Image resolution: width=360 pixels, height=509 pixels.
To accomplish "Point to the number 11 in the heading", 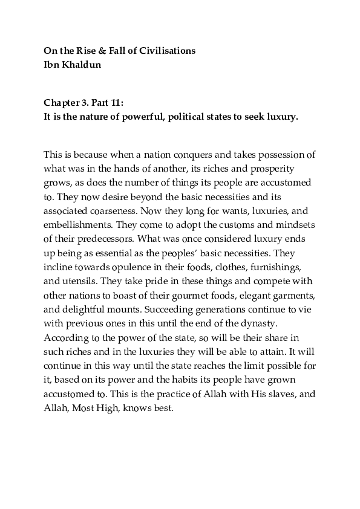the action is click(116, 103).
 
